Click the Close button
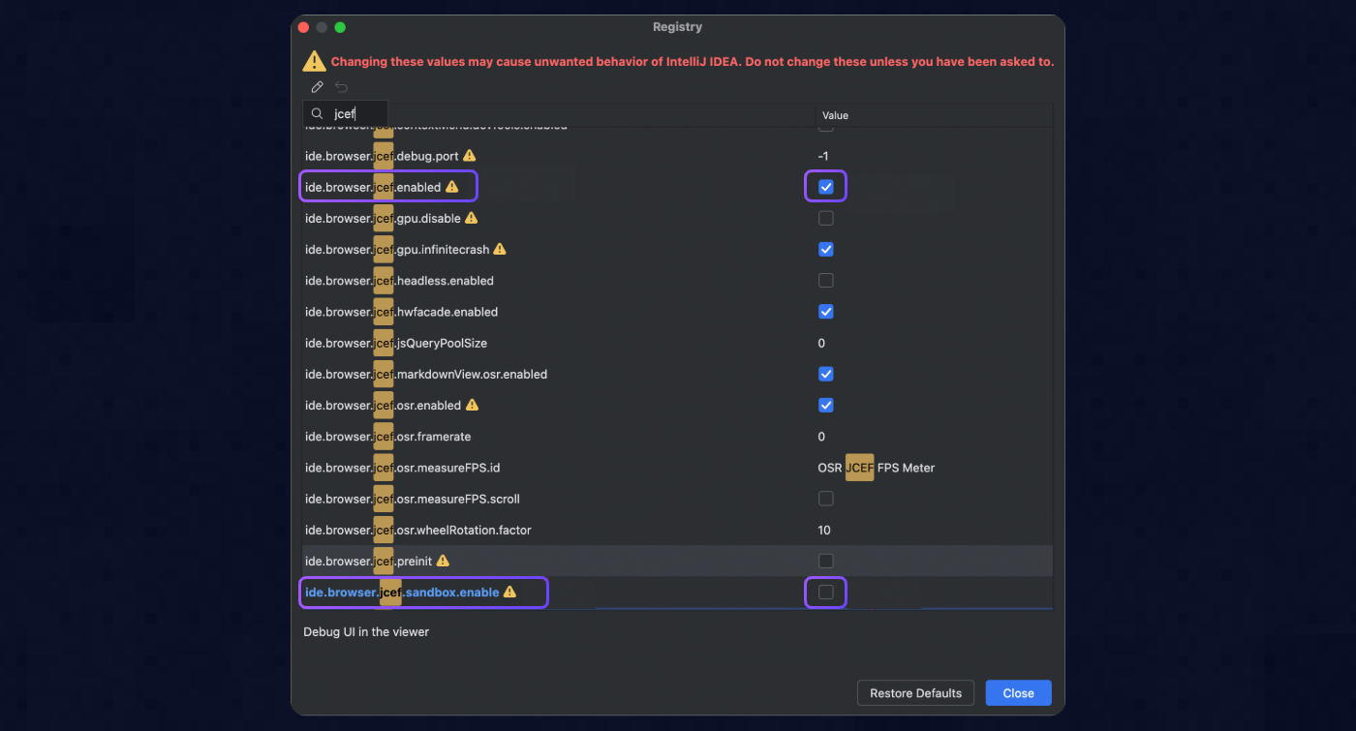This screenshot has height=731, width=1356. pos(1018,693)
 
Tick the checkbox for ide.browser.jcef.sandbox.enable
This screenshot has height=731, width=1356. pos(826,593)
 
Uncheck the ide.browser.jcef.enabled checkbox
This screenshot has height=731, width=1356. pos(826,187)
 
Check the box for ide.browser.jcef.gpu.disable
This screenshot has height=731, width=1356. pos(826,218)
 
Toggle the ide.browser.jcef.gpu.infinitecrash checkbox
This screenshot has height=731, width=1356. pos(826,249)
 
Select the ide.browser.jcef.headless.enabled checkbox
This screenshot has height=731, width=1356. pos(826,281)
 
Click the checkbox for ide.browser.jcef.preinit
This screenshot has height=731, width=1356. pos(826,561)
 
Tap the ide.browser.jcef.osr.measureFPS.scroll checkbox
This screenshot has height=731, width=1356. pos(826,499)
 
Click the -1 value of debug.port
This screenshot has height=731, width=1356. pos(823,156)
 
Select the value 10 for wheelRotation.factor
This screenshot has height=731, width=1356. pos(824,530)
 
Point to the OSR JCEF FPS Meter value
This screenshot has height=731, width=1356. pos(876,468)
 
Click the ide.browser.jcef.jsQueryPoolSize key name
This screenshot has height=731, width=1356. pos(396,343)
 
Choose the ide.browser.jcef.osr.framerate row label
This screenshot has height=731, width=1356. pos(387,437)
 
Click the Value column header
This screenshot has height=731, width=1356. pos(835,115)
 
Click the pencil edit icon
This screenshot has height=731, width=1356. pos(317,87)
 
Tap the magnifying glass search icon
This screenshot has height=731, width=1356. pos(317,114)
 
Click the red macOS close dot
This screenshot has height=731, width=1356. pos(303,27)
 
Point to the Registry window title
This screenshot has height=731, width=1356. pos(678,27)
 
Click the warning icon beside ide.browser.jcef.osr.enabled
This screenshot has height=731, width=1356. pos(473,405)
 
